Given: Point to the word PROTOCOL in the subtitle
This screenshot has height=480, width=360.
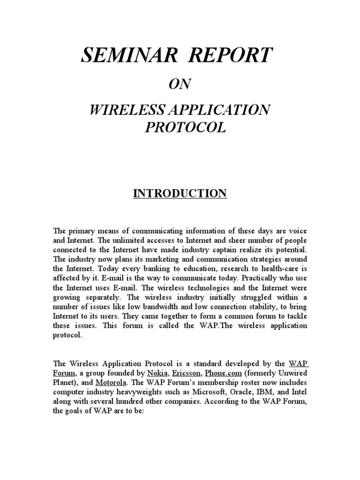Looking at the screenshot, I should (186, 127).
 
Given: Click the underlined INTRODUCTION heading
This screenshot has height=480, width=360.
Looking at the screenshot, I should (180, 194).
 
